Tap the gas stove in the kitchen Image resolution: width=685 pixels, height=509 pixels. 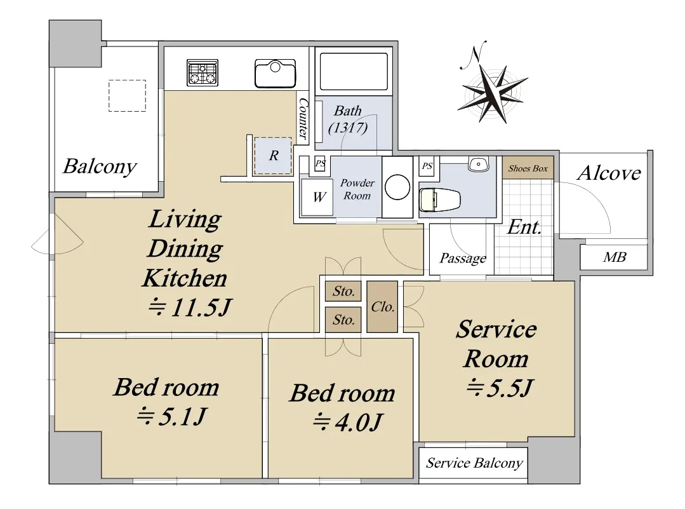click(203, 72)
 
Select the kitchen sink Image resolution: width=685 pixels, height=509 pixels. click(276, 74)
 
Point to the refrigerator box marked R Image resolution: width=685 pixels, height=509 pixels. click(273, 155)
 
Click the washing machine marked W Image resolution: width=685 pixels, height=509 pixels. click(317, 197)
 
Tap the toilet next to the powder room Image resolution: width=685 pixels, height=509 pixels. click(439, 200)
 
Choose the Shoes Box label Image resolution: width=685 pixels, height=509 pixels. click(528, 168)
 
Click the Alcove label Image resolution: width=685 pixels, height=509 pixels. click(609, 173)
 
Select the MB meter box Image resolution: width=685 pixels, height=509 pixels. click(614, 257)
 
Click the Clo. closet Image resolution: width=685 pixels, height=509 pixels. click(382, 306)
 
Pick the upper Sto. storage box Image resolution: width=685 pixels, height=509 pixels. click(343, 291)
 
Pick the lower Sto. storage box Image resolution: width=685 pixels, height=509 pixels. click(343, 320)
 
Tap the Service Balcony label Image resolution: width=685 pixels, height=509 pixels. click(474, 463)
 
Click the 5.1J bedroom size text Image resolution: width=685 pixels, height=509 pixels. click(171, 416)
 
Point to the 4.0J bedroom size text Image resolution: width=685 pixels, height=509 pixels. click(348, 422)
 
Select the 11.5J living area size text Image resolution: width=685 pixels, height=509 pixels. click(190, 308)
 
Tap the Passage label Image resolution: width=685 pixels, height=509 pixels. click(463, 259)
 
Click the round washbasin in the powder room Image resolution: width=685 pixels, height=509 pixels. click(397, 187)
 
